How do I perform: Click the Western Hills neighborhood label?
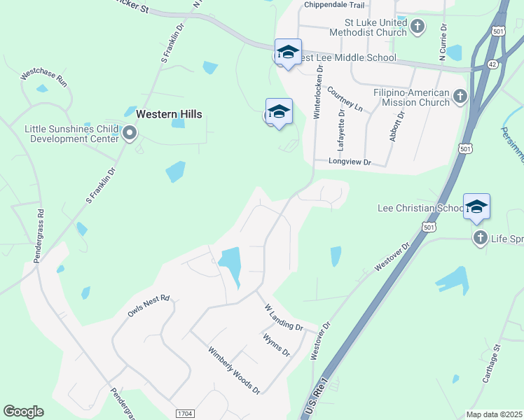coord(169,114)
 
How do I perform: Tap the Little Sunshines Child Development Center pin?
coord(129,133)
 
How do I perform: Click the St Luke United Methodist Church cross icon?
coord(418,27)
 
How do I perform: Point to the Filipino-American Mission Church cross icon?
coord(460,96)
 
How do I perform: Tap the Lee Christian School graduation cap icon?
coord(476,207)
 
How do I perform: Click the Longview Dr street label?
coord(350,162)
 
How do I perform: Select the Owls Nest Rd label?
coord(149,306)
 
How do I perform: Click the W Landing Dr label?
coord(283,317)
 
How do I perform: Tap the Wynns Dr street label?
coord(276,344)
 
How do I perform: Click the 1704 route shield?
coord(184,414)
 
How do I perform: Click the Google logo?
coord(23,412)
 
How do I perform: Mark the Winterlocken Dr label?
coord(317,92)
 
